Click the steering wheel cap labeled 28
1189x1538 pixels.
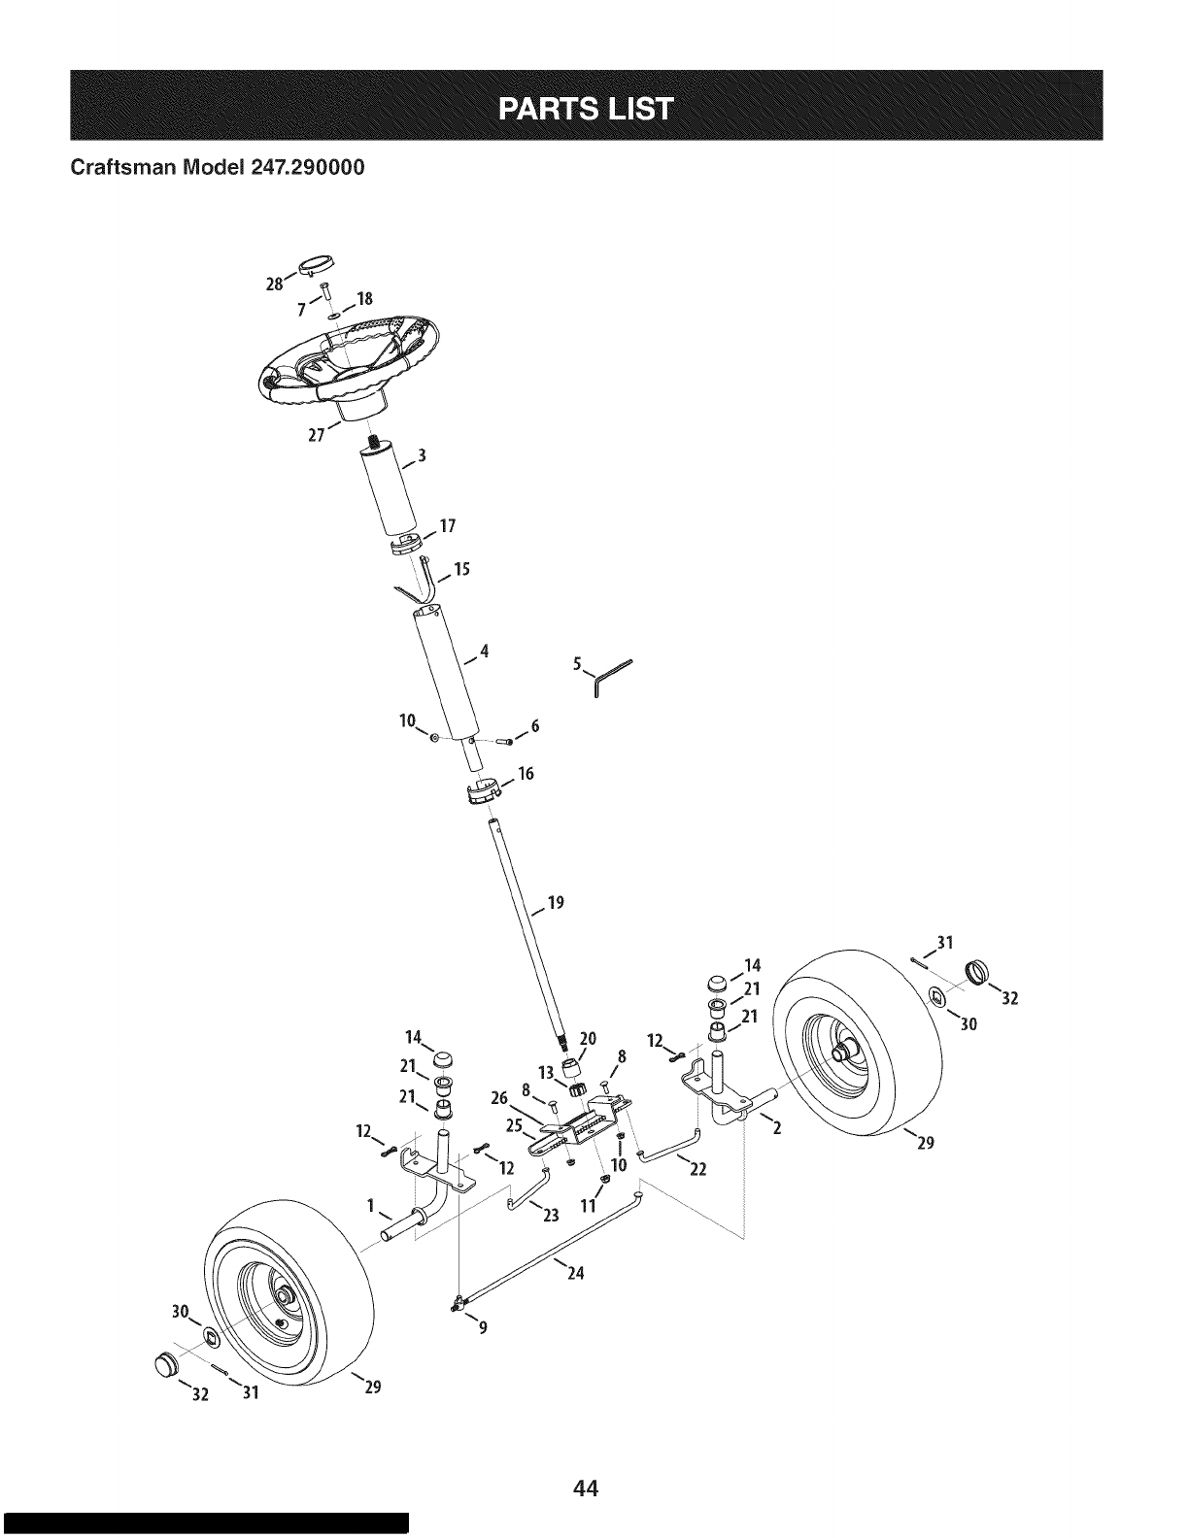click(317, 263)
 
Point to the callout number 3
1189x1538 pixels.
click(422, 456)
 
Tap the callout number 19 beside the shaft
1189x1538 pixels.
click(556, 903)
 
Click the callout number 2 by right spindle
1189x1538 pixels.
click(775, 1129)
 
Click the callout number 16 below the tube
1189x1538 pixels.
click(526, 775)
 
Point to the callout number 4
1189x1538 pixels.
click(483, 652)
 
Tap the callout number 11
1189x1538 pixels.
click(586, 1207)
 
